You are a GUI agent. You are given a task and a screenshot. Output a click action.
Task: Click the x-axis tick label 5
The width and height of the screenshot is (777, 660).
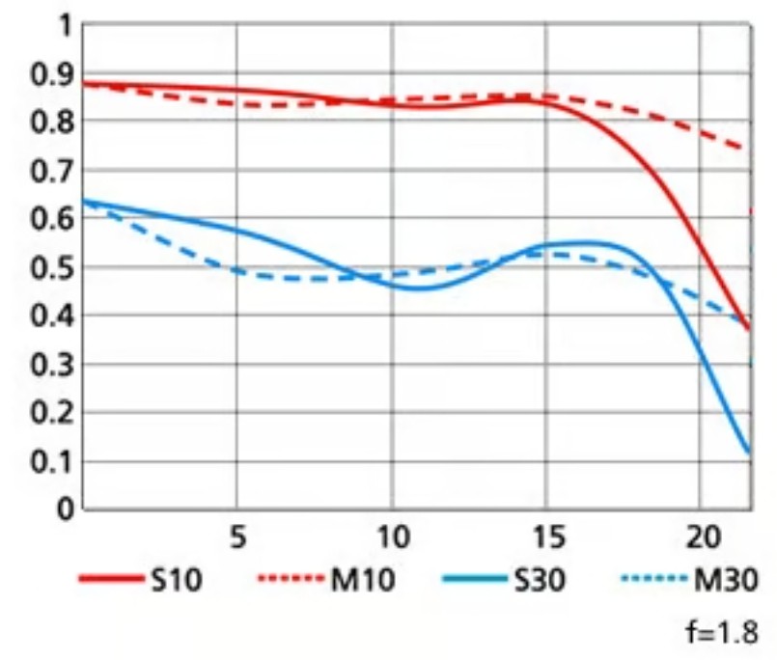coord(237,536)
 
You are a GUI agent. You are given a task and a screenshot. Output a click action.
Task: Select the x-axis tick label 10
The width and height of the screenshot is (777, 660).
coord(391,536)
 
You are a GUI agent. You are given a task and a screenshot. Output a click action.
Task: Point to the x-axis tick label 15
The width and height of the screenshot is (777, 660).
coord(545,536)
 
